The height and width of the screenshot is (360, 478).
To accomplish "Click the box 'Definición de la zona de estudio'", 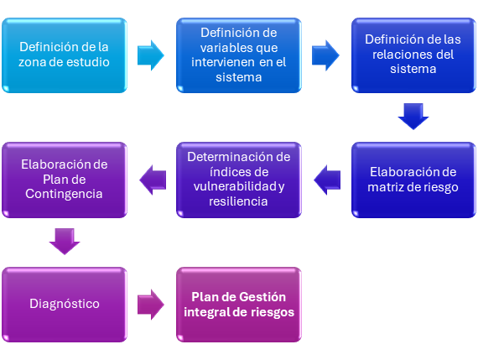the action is pos(65,55).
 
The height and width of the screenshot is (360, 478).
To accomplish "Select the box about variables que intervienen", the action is pos(239,55).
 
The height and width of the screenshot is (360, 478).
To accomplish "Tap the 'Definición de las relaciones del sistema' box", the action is pos(413,55).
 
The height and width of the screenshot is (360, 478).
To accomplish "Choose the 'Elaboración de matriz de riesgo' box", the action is pos(413,180).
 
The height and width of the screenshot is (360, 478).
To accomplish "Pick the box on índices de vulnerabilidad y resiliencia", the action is pos(239,180).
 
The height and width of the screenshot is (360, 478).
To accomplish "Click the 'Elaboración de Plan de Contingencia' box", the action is pos(65,180).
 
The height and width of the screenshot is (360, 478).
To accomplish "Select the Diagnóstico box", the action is pos(65,305).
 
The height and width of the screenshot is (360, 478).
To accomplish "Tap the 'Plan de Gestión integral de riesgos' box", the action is pos(239,305).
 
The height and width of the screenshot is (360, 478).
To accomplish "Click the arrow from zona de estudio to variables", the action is pos(151,55).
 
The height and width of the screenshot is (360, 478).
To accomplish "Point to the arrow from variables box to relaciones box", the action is pos(325,55).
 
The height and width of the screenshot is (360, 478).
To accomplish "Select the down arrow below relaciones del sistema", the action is pos(413,117).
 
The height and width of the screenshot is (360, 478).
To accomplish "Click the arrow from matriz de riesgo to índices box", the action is pos(327,180).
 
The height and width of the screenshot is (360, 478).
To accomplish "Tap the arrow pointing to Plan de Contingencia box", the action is pos(153,180).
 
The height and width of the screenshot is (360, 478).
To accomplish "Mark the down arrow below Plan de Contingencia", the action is pos(65,242).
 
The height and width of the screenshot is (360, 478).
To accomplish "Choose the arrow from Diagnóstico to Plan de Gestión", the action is pos(151,305).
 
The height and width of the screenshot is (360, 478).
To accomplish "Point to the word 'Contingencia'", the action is pos(64,195).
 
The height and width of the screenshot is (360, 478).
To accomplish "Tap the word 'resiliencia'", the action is pos(238,201).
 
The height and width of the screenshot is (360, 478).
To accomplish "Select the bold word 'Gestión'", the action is pos(262,297).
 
